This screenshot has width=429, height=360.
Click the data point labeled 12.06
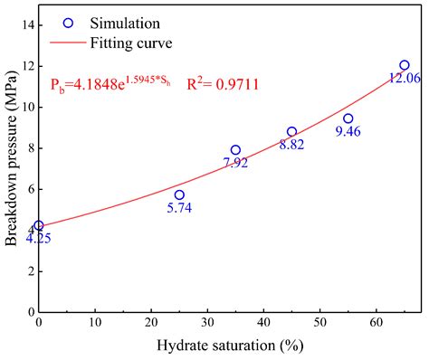tap(405, 65)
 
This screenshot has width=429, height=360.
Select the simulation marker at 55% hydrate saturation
tap(348, 118)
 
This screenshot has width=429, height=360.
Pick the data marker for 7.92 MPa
tap(235, 150)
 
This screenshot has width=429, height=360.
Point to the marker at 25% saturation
tap(179, 194)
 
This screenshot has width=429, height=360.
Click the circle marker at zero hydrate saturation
tap(38, 225)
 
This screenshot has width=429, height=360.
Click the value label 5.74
tap(179, 208)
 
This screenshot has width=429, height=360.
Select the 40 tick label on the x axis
tap(263, 322)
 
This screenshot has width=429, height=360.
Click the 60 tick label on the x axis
tap(376, 322)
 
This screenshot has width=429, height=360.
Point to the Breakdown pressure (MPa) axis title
tap(10, 168)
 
